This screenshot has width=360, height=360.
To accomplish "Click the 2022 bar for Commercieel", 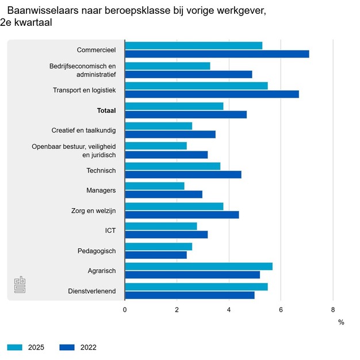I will pos(217,54).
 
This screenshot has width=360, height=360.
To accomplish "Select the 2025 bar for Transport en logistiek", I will pos(196,86).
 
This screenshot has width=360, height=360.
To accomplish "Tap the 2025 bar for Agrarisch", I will pos(198,266).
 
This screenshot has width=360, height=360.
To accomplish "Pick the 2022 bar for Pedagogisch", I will pos(155,255).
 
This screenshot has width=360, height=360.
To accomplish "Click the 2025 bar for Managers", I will pos(155,186).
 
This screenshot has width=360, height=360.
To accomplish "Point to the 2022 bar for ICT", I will pos(166,235).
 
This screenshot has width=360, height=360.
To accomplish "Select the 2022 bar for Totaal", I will pos(186,114).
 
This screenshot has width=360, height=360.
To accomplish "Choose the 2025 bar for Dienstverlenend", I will pos(196,286).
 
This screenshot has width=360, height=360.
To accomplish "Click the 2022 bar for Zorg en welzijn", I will pos(182,215).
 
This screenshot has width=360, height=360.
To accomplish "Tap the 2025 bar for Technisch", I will pos(173,166).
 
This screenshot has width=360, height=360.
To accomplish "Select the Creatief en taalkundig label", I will pos(84,130).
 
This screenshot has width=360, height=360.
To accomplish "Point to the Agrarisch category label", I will pos(101,271).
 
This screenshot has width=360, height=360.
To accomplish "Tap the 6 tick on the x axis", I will pos(281,309).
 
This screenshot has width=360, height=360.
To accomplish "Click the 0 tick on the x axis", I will pos(125,309).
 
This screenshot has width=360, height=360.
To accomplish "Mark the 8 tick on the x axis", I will pos(333,309).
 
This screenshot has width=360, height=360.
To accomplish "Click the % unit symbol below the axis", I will pos(341,322).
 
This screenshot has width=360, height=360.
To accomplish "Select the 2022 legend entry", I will pos(78,347).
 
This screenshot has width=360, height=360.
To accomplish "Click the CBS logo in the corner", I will pos(20,285).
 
